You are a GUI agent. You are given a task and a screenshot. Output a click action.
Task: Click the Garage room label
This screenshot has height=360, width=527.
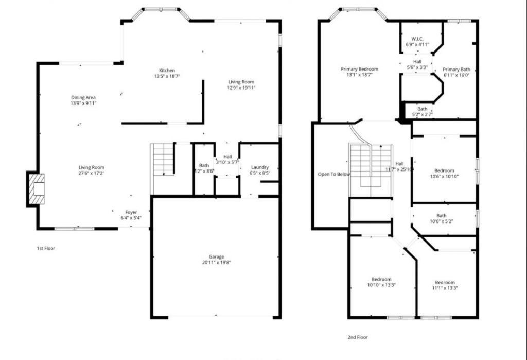pos(216,256)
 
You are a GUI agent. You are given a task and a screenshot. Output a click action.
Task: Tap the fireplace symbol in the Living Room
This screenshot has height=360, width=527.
pos(36,189)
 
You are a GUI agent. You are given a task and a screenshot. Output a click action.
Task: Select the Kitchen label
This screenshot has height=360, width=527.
pos(166,71)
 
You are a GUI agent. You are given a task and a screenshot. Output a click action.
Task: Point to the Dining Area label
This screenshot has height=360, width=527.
pos(83,97)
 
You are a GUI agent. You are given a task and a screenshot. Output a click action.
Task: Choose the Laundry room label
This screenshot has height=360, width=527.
pos(259,167)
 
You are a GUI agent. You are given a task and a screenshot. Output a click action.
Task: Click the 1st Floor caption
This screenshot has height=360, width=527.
pos(46,248)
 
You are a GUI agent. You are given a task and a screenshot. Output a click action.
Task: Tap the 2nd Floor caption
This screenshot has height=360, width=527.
pos(358,337)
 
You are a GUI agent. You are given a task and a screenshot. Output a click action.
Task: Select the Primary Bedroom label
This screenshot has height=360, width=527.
pos(359,69)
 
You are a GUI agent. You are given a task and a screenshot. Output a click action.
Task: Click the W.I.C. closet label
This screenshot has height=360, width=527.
pos(417,39)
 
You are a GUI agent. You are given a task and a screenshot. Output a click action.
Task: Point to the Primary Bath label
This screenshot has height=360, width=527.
pos(456,70)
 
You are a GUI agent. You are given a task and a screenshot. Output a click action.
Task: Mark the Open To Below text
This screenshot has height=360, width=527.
pos(333,174)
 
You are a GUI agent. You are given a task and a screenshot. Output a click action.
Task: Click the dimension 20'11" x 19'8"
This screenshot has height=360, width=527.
pos(216,263)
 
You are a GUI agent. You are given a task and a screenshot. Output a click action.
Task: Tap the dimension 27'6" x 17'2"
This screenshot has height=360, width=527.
pos(92,174)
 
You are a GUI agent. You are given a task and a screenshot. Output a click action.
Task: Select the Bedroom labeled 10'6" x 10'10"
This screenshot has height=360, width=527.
pos(444,170)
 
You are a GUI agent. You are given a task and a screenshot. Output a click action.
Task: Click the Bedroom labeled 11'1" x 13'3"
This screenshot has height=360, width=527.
pos(445,282)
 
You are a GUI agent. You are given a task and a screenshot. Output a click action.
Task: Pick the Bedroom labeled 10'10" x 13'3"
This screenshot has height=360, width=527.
pos(381,279)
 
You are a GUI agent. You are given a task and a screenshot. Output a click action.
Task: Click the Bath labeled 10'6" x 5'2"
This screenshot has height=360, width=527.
pos(441,216)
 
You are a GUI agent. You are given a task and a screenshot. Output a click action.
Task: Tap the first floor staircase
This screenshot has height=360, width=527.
pos(163,160)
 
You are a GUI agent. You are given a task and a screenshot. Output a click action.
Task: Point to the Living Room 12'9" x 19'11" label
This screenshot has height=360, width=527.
pos(241,82)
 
